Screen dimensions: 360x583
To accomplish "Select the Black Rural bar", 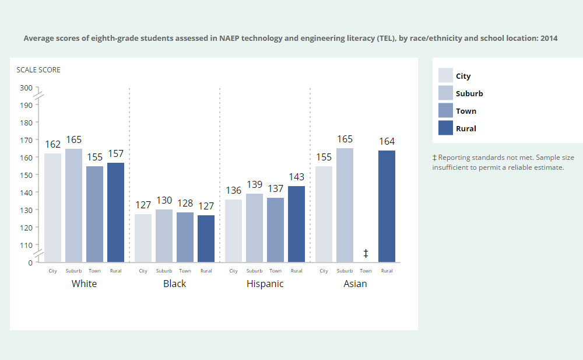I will (x=206, y=239).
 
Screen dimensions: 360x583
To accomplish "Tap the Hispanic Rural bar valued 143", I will (x=296, y=224).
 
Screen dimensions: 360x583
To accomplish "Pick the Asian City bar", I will (x=324, y=214).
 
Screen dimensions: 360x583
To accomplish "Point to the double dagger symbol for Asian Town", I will (x=366, y=253).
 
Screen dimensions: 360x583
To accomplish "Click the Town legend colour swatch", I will (x=445, y=111).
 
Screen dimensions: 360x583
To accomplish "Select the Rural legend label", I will (x=466, y=128).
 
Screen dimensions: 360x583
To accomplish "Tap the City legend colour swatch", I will (x=445, y=76).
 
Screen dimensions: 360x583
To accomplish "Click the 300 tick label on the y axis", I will (x=26, y=88).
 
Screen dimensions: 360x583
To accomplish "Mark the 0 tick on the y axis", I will (x=30, y=263).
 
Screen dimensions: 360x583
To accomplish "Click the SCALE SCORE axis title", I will (x=38, y=70).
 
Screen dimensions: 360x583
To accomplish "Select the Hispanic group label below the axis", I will (x=265, y=284).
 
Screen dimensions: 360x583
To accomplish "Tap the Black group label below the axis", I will (x=174, y=284).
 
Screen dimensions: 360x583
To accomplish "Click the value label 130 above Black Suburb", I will (x=164, y=200).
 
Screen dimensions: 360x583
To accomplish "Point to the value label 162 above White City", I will (x=52, y=144).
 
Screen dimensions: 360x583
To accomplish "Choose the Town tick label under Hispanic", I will (x=275, y=271).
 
